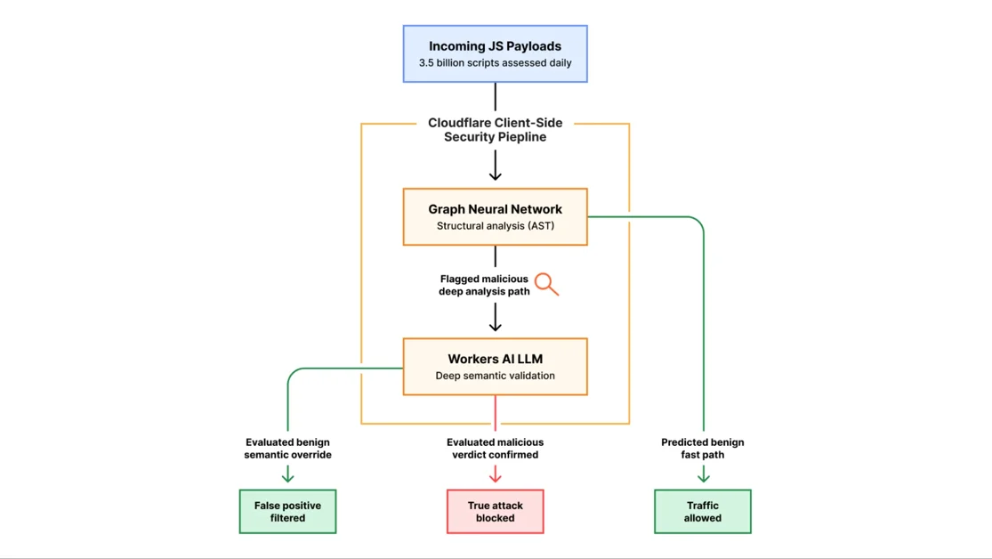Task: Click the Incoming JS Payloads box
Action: coord(495,53)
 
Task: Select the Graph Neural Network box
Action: coord(495,216)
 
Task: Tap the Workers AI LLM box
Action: coord(495,367)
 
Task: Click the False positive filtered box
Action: coord(288,512)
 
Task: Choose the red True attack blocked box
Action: coord(495,512)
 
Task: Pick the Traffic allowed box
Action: coord(702,512)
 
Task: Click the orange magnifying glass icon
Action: coord(546,284)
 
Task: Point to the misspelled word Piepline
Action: coord(520,137)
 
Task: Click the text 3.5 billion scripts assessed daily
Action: coord(495,62)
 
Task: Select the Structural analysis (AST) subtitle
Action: coord(495,225)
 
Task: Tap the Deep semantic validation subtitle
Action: coord(495,376)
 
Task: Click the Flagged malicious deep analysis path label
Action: coord(484,285)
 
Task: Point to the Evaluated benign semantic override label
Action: coord(288,449)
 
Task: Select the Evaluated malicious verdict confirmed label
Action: coord(495,449)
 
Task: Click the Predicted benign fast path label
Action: coord(702,449)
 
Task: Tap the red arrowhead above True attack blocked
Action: coord(495,477)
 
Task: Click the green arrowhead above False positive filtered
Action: coord(288,477)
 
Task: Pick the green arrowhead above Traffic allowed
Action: coord(703,477)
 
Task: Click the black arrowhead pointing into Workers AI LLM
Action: coord(495,326)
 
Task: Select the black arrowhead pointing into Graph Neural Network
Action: coord(495,175)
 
